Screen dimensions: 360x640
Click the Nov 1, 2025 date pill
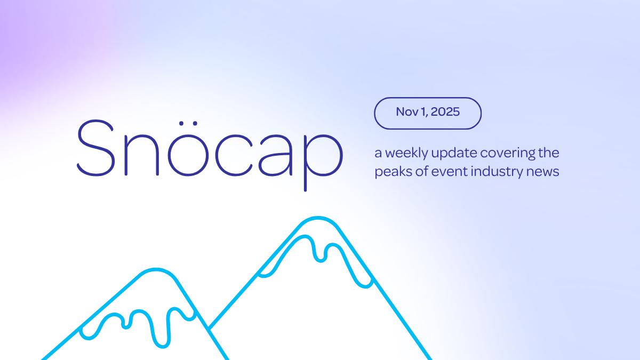(x=428, y=113)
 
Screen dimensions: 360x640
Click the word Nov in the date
(x=406, y=113)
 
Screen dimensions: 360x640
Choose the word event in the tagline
(x=442, y=172)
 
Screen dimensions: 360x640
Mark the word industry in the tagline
(x=493, y=173)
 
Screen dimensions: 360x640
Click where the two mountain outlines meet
(x=209, y=329)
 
